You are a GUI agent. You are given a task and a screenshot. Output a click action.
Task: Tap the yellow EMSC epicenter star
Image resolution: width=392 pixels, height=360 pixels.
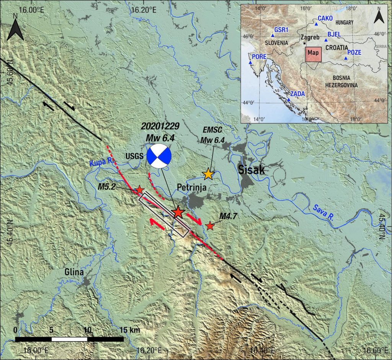coord(208,174)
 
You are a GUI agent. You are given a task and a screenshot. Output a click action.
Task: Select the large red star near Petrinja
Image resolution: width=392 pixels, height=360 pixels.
coord(178,212)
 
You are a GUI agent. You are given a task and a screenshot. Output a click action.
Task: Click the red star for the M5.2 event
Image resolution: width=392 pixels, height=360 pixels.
coord(140,189)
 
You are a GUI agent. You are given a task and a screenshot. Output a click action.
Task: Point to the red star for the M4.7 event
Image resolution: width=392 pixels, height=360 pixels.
coord(210,226)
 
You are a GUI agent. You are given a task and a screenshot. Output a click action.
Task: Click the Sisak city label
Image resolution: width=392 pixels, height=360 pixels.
coord(252,170)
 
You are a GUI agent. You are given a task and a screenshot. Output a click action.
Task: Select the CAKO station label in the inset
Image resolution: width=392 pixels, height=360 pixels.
coord(325,19)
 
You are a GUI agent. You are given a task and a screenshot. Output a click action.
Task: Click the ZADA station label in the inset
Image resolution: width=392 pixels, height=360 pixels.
coord(298,94)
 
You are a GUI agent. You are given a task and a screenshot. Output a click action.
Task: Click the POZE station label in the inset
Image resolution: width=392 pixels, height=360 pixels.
coord(354,52)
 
